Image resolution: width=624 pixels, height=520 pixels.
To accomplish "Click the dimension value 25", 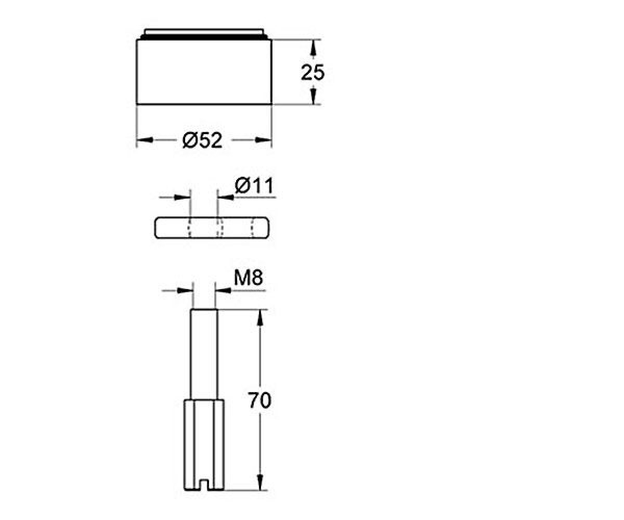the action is [x=313, y=73].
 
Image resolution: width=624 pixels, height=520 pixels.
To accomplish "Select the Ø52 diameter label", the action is [x=203, y=140].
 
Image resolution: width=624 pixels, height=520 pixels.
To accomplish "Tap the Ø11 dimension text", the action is [x=254, y=186].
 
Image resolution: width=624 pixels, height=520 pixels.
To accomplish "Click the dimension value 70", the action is [x=259, y=400].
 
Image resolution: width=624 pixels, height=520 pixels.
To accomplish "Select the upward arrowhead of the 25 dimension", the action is [x=313, y=48].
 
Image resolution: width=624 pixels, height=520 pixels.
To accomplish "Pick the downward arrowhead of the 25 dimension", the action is [x=313, y=96].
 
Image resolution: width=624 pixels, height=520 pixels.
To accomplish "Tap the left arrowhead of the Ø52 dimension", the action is [x=145, y=140].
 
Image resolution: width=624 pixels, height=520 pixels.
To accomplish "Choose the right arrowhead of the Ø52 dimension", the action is [x=264, y=140].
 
